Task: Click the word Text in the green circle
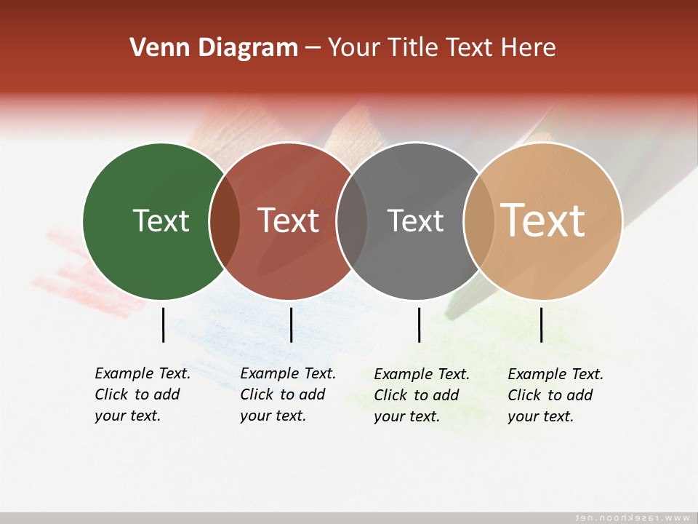pos(161,221)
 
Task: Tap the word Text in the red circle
pos(289,221)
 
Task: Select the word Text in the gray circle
pos(415,221)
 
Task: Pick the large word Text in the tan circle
pos(543,220)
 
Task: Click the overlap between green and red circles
pos(225,221)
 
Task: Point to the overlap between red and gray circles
pos(352,221)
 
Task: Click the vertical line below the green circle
pos(163,325)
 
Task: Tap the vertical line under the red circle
pos(291,325)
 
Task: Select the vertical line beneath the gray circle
pos(419,325)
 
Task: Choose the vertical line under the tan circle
pos(541,325)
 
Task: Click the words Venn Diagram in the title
pos(214,48)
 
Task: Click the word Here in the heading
pos(529,48)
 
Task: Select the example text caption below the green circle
pos(143,394)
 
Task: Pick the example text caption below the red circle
pos(288,394)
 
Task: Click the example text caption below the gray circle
pos(422,395)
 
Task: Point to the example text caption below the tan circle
pos(555,395)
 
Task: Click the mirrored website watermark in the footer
pos(632,517)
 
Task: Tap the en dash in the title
pos(313,49)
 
